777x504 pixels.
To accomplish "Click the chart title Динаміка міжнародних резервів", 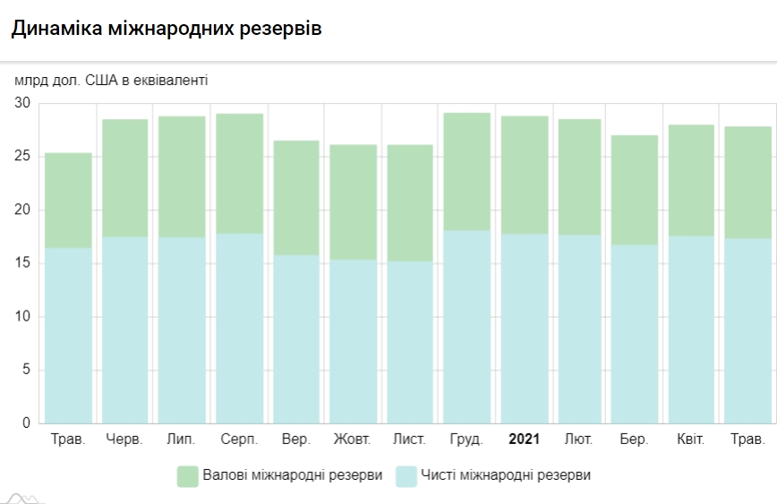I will [x=166, y=29].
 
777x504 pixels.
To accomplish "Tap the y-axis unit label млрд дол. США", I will [x=112, y=81].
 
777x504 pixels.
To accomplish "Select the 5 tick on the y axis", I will [x=26, y=370].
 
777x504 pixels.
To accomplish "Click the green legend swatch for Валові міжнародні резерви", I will [x=187, y=475].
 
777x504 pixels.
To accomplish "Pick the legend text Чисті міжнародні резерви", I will [x=507, y=475].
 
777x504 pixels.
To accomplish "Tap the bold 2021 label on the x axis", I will [x=524, y=440].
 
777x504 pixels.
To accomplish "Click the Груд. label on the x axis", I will [x=467, y=440].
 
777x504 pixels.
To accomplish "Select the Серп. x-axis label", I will [x=239, y=440].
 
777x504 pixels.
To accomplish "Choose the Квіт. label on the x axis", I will [x=691, y=440].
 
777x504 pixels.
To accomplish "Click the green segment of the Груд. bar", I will [x=467, y=171].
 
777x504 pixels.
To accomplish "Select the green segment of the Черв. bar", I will [x=125, y=177].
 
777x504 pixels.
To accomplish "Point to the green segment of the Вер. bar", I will [x=296, y=197].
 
